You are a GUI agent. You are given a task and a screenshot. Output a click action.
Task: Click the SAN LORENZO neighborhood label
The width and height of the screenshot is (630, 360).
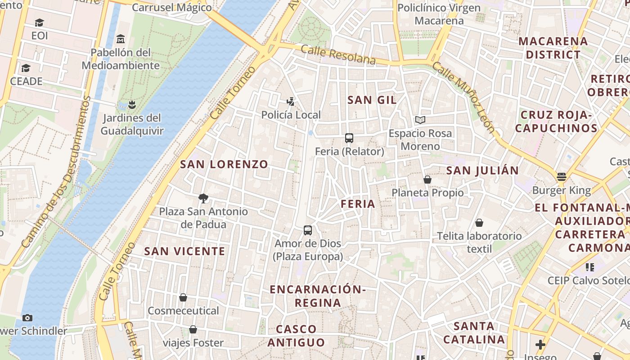(x=224, y=164)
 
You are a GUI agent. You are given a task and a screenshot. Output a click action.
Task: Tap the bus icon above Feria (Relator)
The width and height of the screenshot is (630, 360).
(x=349, y=138)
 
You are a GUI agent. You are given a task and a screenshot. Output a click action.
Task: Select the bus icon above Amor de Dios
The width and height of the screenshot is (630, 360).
(x=308, y=230)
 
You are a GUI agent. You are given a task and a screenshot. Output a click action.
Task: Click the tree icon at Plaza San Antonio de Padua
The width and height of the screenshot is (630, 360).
(x=203, y=198)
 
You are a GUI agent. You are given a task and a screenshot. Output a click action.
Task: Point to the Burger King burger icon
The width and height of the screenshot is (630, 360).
(x=561, y=177)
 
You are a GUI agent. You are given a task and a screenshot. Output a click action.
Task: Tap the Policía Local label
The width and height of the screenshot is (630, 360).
(x=291, y=115)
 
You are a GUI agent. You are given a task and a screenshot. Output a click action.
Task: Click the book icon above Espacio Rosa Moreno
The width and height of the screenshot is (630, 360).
(x=420, y=120)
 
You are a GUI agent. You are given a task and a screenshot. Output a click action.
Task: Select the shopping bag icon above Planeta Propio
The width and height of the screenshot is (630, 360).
(x=427, y=180)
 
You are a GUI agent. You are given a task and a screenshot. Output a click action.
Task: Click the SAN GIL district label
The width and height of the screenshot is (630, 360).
(x=372, y=100)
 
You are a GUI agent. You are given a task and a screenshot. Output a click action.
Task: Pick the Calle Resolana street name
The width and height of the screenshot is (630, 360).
(x=338, y=54)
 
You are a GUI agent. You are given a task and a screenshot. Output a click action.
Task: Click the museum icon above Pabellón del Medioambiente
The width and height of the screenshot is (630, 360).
(x=120, y=39)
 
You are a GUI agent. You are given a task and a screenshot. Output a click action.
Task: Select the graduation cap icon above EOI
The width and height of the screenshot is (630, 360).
(x=40, y=22)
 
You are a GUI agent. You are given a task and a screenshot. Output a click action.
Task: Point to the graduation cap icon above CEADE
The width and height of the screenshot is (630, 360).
(x=26, y=68)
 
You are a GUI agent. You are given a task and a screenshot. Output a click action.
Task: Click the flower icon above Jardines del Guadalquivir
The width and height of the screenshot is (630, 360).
(x=131, y=105)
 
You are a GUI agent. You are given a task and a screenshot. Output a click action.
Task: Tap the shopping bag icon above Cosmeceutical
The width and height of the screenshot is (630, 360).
(x=183, y=297)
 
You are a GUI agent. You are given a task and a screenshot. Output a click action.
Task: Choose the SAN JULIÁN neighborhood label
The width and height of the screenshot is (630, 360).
(x=482, y=171)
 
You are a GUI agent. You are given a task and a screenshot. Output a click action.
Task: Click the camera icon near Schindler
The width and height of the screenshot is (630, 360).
(x=27, y=318)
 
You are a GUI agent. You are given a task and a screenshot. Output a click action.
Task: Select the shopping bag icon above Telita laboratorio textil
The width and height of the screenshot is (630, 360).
(x=480, y=223)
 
